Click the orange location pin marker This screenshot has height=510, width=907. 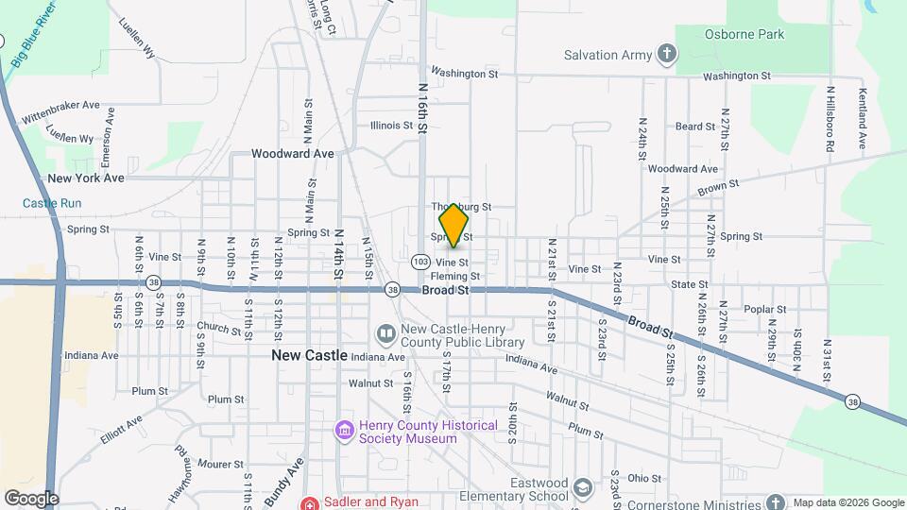tap(453, 224)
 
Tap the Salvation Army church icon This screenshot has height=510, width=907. tap(668, 54)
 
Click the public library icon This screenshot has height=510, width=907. tap(385, 334)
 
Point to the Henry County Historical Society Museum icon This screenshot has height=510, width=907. tap(343, 432)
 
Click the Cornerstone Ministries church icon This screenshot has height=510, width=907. tap(776, 502)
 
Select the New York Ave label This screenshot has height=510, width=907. tap(86, 178)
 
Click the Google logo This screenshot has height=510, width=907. tap(31, 499)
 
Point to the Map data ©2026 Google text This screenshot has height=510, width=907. tap(847, 502)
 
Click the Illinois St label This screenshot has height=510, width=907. tap(391, 125)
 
